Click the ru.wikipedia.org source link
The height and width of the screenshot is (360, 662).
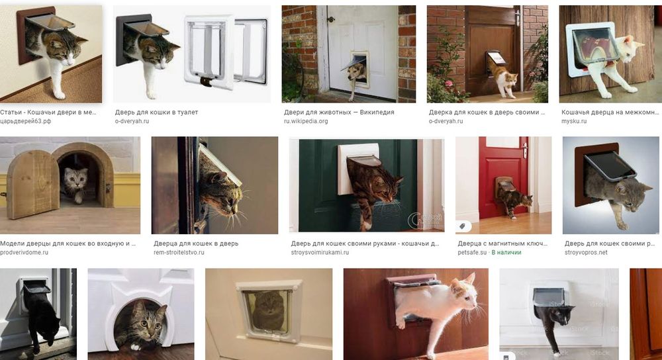[306, 121]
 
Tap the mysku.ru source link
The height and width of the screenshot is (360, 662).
[574, 121]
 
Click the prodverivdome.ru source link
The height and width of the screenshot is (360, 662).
[24, 252]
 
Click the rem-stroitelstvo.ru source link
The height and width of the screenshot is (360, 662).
[179, 252]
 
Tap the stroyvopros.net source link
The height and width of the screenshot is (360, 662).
[586, 252]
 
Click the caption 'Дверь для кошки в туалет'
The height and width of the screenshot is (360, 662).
[156, 112]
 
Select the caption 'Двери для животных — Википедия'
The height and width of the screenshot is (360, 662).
[338, 112]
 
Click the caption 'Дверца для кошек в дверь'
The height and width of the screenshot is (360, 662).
[196, 244]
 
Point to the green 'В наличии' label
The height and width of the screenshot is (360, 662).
[506, 252]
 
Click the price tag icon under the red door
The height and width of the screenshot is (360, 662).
[462, 226]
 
